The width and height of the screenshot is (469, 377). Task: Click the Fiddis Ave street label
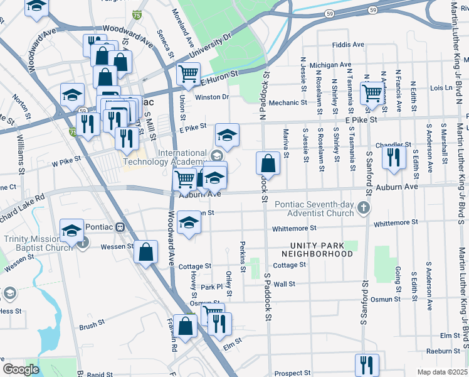coord(349,45)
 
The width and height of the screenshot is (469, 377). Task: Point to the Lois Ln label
coord(441,88)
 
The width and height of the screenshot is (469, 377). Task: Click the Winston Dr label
coord(212,97)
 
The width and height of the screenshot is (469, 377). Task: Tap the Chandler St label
coord(394,144)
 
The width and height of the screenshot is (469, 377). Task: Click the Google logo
coord(21,369)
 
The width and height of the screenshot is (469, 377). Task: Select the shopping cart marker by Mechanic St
coord(373,92)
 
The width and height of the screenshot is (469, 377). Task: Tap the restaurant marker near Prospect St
coord(367,364)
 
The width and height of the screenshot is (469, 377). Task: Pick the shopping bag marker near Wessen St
coord(145,252)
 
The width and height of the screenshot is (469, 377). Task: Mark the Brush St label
coord(92,326)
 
